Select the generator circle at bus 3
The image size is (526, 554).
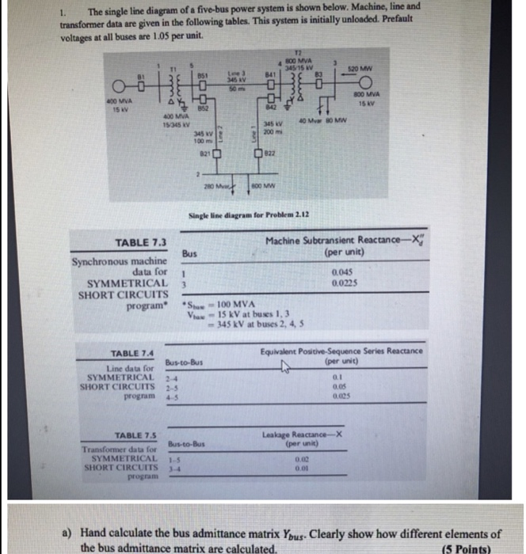click(x=433, y=85)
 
